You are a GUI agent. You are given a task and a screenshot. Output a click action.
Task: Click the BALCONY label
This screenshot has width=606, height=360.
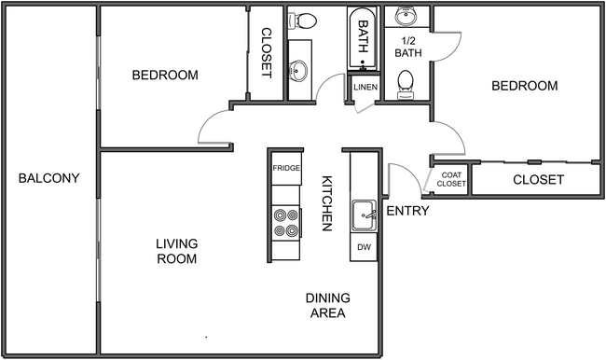tap(48, 178)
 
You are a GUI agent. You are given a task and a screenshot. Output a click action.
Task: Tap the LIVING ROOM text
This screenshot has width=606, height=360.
tap(176, 251)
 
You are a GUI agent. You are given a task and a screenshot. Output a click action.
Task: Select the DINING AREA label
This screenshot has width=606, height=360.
tap(327, 305)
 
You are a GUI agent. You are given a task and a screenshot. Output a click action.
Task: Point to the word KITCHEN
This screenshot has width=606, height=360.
tap(328, 203)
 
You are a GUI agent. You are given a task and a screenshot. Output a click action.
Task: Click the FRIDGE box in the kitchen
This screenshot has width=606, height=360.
tap(285, 169)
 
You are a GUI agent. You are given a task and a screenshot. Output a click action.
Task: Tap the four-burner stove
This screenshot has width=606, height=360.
tap(285, 222)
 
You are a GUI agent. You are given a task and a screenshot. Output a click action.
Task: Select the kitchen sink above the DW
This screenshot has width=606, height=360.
tap(363, 215)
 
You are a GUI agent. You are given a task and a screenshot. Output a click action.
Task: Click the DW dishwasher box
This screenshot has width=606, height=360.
tap(363, 246)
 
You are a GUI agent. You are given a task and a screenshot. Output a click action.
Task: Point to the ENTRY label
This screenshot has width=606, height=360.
tap(407, 211)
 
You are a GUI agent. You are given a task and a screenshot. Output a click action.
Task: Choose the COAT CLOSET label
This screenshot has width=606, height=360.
tap(451, 179)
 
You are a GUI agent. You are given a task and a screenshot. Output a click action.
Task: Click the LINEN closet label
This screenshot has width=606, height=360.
tap(364, 88)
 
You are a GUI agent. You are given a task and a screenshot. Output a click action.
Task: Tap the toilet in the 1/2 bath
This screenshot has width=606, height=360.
tap(406, 87)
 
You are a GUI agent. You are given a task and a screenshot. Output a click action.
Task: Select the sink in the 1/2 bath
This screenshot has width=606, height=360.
tap(406, 17)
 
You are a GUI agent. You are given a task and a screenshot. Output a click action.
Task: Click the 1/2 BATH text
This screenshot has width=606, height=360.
tap(407, 47)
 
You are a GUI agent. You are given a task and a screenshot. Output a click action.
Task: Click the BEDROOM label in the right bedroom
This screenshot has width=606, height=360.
tap(524, 86)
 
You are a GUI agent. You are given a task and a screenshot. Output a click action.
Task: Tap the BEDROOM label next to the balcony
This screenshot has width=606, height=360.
tap(165, 75)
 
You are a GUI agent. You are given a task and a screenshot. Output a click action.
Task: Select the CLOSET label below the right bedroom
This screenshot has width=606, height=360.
tap(538, 179)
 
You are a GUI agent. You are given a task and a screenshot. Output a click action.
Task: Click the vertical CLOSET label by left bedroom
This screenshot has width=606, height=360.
tap(265, 52)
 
